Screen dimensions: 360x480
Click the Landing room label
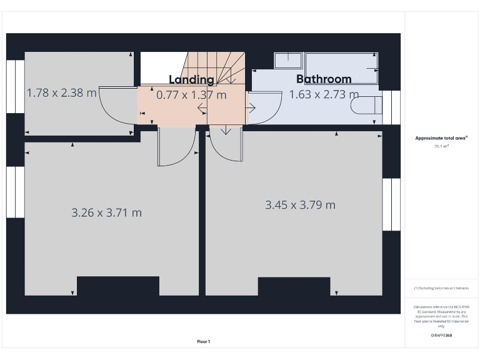[x=191, y=79]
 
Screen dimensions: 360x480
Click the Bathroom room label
[x=324, y=79]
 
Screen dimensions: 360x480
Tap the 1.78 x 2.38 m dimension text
[x=61, y=93]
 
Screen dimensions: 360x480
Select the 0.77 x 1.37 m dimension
[x=191, y=95]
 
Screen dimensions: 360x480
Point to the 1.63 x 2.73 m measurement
[x=324, y=95]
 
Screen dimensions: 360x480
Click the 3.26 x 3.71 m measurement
[x=106, y=212]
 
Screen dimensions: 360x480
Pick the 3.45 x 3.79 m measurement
[x=300, y=205]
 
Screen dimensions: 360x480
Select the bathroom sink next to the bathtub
[x=287, y=61]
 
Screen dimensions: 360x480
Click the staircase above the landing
[x=216, y=66]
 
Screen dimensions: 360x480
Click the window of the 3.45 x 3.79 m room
[x=391, y=204]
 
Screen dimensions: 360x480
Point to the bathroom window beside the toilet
[x=391, y=107]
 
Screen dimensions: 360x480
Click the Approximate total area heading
[x=441, y=138]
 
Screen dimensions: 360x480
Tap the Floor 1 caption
[x=204, y=341]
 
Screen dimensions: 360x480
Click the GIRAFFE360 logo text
[x=441, y=336]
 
